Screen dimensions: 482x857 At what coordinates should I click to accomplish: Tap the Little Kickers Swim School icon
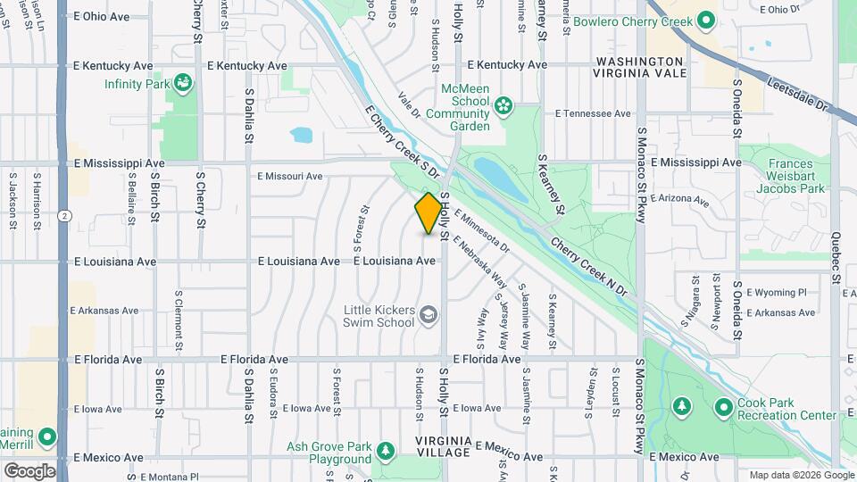(428, 315)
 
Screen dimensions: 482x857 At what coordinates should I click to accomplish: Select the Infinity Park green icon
(185, 84)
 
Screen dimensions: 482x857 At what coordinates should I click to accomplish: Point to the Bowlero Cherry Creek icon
(705, 20)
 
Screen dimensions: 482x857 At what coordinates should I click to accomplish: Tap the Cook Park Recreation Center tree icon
(681, 408)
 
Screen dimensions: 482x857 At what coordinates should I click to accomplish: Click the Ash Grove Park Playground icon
(386, 452)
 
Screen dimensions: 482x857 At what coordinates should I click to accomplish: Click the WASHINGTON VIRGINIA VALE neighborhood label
(640, 67)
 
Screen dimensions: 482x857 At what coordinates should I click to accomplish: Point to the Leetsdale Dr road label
(798, 94)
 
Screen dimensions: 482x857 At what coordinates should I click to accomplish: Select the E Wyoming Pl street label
(776, 292)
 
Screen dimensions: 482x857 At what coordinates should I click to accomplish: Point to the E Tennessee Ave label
(593, 113)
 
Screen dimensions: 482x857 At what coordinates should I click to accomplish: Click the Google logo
(29, 470)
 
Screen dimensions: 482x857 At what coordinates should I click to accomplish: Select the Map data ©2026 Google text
(800, 475)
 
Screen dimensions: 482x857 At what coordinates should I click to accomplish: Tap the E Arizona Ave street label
(687, 197)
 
